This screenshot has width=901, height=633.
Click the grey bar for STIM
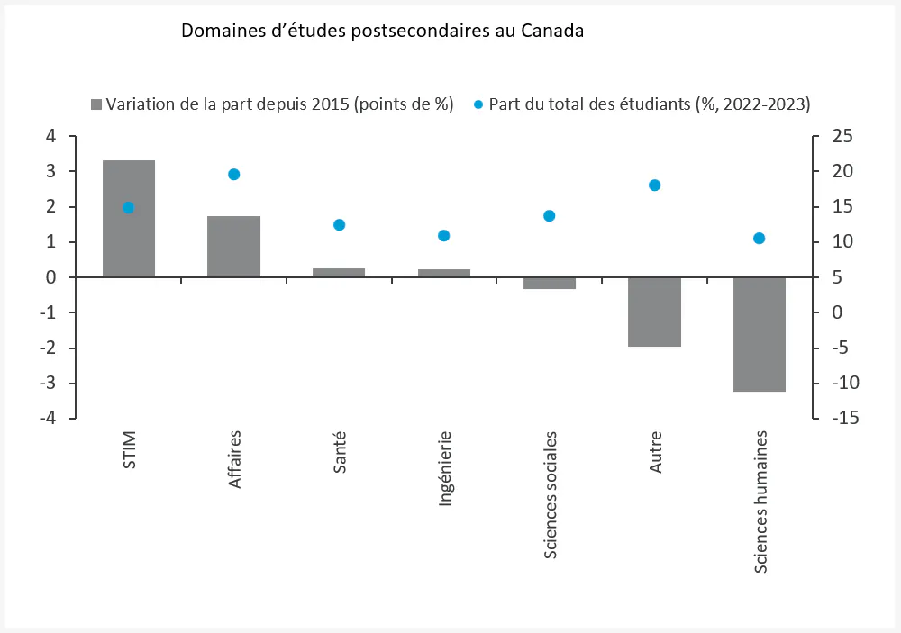click(128, 219)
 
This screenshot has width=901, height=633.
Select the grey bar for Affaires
click(233, 247)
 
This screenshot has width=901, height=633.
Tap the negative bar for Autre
click(654, 312)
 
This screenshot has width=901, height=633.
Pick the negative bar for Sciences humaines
click(759, 334)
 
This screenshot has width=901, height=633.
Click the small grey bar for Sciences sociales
click(549, 283)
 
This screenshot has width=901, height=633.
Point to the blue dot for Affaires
click(233, 175)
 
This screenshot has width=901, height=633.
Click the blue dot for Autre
click(654, 185)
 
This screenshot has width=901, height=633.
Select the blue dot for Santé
click(339, 225)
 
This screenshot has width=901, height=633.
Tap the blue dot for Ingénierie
click(443, 236)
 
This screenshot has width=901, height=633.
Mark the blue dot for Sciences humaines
click(759, 239)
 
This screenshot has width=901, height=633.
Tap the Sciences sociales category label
click(550, 494)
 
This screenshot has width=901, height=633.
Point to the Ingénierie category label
click(444, 468)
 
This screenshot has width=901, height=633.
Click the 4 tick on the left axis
click(50, 136)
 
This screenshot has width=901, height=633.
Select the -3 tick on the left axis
click(45, 384)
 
